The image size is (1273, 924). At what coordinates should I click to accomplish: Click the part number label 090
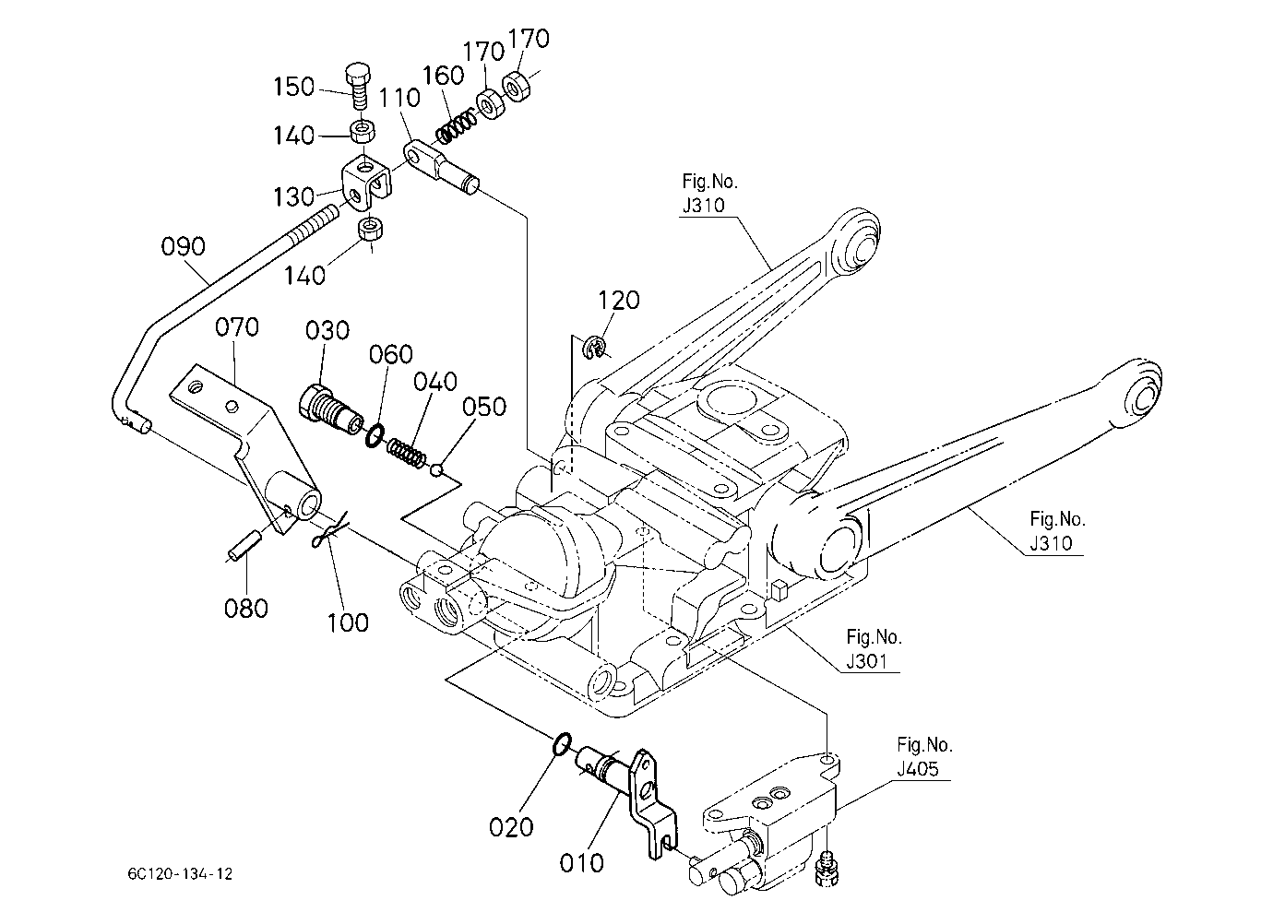[183, 246]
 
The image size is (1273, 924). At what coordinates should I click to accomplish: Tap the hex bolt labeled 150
[358, 87]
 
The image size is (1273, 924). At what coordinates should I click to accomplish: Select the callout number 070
[237, 327]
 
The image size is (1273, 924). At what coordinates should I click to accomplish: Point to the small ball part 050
[436, 469]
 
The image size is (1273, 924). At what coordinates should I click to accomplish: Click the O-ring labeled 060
[374, 435]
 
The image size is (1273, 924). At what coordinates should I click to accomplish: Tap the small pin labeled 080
[244, 544]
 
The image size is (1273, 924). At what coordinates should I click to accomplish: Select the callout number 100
[348, 622]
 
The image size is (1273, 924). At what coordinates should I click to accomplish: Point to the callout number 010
[581, 864]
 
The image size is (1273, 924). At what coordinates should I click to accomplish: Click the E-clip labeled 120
[594, 348]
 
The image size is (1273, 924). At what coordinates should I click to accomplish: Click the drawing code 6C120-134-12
[180, 874]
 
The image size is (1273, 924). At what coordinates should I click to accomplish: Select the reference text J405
[918, 769]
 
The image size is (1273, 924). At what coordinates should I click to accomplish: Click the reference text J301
[867, 661]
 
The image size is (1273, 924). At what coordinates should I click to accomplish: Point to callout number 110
[399, 98]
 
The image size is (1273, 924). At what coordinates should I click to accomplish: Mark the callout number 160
[444, 76]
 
